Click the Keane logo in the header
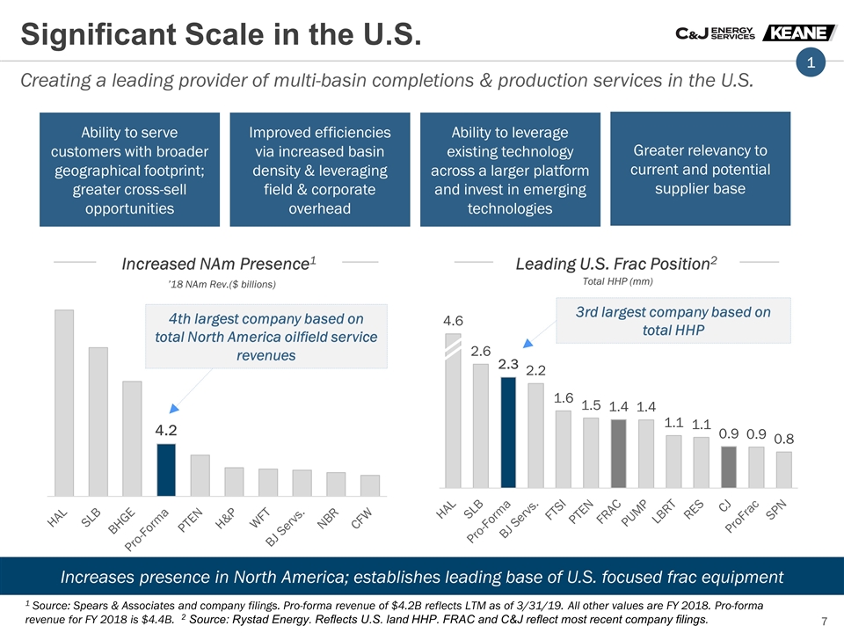[x=799, y=33]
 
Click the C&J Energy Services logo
[x=714, y=33]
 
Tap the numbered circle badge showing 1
[x=811, y=62]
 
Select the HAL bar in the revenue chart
[x=63, y=403]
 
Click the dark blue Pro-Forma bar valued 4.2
[x=166, y=469]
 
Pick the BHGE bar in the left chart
[x=132, y=438]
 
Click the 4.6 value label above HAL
[x=453, y=320]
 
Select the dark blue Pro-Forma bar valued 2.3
[x=508, y=432]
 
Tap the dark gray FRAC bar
[x=618, y=453]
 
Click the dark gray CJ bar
[x=728, y=466]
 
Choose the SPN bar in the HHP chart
[x=783, y=469]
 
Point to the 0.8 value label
[x=784, y=438]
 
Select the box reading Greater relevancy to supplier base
[x=700, y=169]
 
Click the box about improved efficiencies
[x=320, y=170]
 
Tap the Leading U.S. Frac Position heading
[x=616, y=263]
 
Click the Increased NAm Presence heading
[x=219, y=263]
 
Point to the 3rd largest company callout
[x=673, y=321]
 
